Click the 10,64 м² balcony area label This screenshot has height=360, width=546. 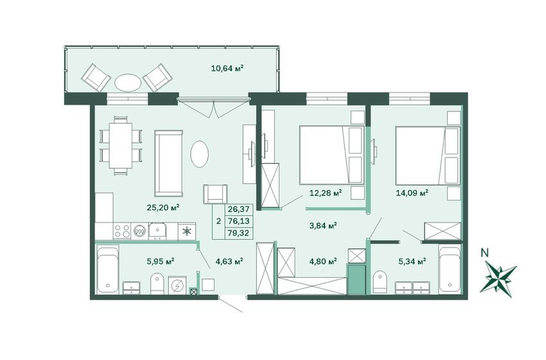[227, 68]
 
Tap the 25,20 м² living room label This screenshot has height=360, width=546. [163, 208]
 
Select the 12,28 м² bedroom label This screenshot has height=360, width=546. [326, 192]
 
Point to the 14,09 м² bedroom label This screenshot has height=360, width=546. [412, 192]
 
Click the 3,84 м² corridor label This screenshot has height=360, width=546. [323, 226]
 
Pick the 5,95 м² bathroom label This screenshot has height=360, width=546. [161, 261]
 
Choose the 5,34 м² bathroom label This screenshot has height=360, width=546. [412, 261]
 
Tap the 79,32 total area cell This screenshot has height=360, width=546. [238, 233]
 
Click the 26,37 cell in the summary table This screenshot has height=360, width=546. [238, 209]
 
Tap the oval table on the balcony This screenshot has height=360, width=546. [128, 82]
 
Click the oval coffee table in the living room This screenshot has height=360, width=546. [200, 154]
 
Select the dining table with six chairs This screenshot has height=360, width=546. [121, 145]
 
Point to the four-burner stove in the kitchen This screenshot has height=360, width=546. [122, 231]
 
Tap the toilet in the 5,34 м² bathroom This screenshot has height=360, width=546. [379, 281]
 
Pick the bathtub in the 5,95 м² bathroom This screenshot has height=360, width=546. [108, 269]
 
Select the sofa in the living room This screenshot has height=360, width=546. [168, 163]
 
